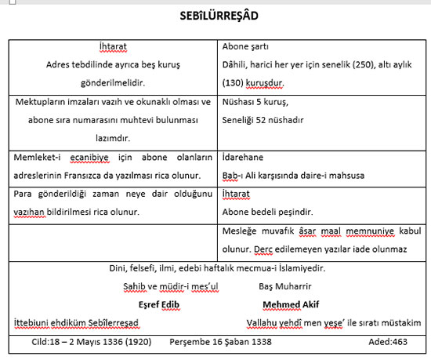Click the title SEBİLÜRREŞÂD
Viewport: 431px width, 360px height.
coord(215,15)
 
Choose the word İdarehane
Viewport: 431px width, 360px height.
coord(246,157)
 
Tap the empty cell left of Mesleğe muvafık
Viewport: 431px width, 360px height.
coord(114,242)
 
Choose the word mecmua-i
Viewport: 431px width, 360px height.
coord(275,268)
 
